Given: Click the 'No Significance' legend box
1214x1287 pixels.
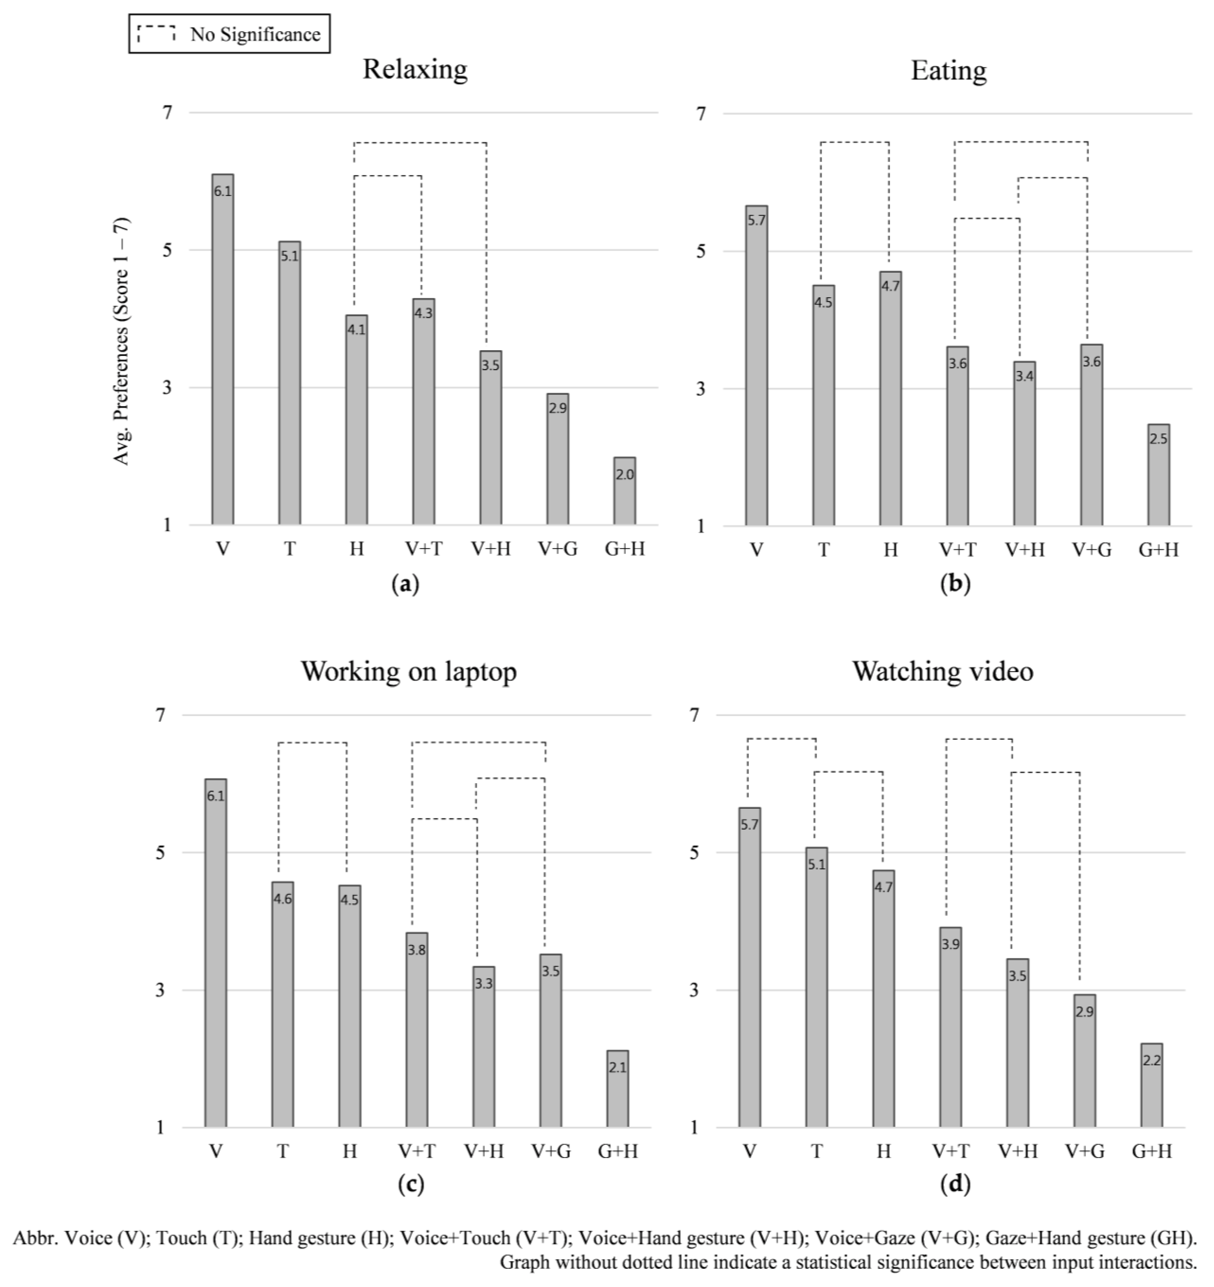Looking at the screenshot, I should [x=229, y=34].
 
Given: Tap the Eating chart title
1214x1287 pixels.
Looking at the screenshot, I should [x=948, y=71].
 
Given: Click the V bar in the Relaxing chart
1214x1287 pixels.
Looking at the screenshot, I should [x=223, y=350].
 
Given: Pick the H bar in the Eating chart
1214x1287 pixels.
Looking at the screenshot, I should [x=890, y=398].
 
